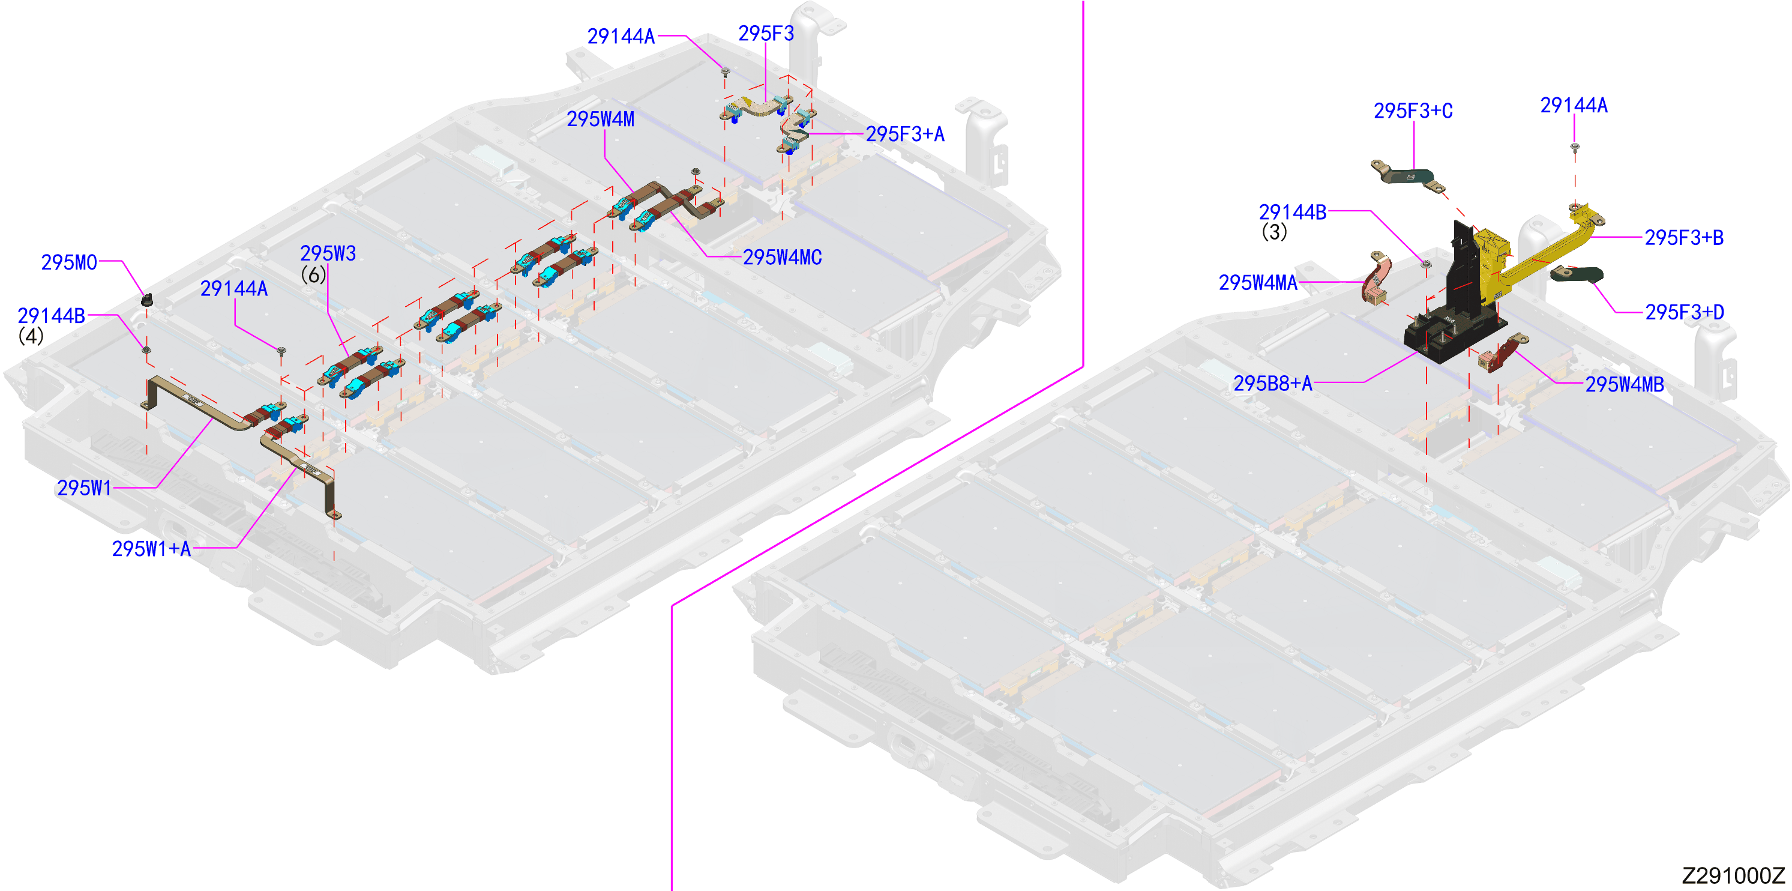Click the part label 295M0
[69, 262]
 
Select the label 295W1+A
[151, 549]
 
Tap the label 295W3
[328, 253]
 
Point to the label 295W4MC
[782, 258]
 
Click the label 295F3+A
[904, 134]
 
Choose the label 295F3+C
[1413, 110]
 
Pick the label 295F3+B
[1683, 237]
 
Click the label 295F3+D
[1684, 312]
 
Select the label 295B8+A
[1272, 383]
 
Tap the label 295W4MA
[1258, 283]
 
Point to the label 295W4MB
[1625, 384]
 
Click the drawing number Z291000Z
[1733, 875]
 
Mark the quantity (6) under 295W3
[313, 275]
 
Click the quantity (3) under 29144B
[1273, 232]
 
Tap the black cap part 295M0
[147, 300]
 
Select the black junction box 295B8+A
[1454, 306]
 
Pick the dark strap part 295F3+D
[1577, 274]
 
